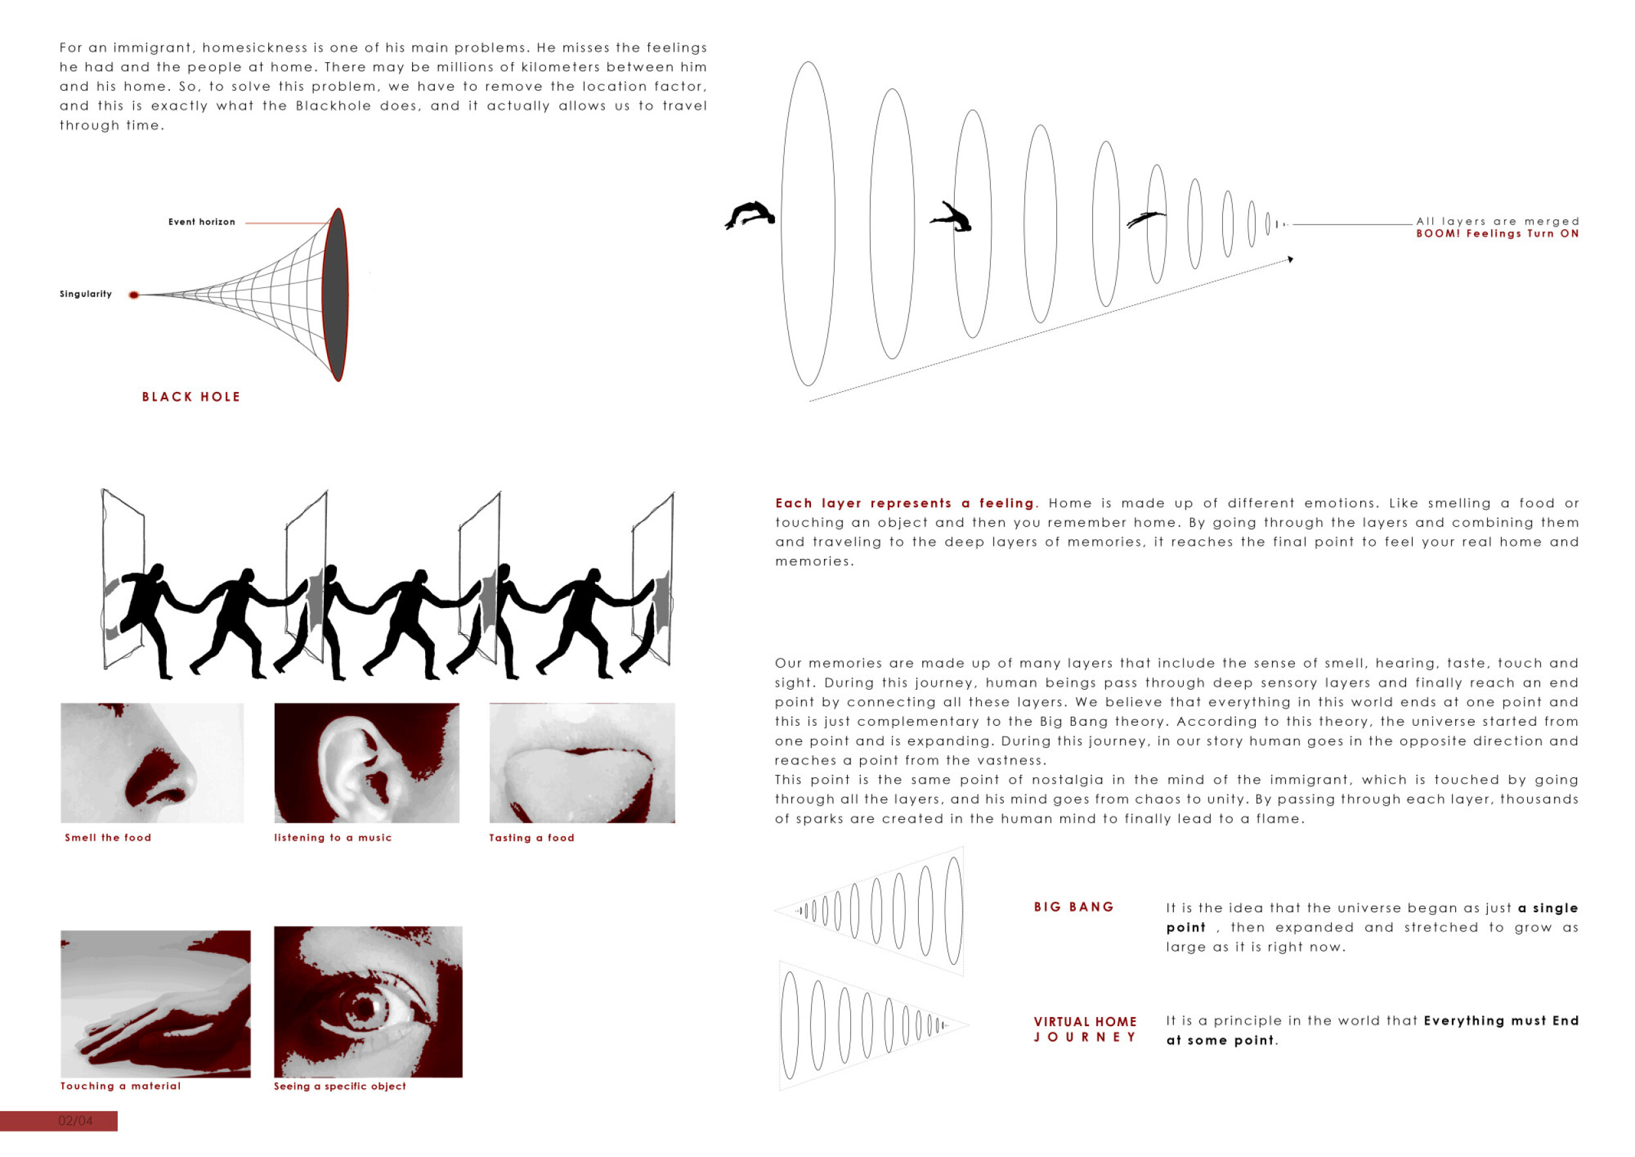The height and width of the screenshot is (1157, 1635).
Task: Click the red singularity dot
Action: click(x=133, y=295)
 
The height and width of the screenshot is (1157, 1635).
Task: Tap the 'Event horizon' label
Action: click(x=201, y=222)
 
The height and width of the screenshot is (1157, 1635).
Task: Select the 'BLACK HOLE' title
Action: click(x=191, y=397)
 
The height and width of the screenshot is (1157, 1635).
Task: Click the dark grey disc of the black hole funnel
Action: click(x=336, y=294)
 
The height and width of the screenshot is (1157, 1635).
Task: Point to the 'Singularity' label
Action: click(x=86, y=294)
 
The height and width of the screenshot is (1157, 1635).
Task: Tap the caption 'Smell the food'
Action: click(x=109, y=838)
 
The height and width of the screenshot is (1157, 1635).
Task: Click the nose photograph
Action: click(x=152, y=762)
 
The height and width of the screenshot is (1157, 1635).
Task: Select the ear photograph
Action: click(x=367, y=762)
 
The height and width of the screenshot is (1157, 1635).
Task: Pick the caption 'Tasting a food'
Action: click(x=531, y=838)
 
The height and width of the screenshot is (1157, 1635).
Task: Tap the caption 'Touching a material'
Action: click(x=120, y=1086)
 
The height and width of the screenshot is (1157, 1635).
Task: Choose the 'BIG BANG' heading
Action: click(x=1074, y=907)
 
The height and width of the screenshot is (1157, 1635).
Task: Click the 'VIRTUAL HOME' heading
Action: click(x=1085, y=1022)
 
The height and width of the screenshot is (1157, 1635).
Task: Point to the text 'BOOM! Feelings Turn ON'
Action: click(x=1497, y=234)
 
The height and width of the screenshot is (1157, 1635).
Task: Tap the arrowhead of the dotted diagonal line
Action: click(x=1290, y=259)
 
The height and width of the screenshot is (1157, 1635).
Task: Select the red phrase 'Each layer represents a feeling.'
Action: click(x=906, y=503)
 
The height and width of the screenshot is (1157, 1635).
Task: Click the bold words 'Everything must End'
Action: click(x=1501, y=1021)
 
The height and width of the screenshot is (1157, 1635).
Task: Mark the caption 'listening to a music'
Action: click(x=332, y=838)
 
